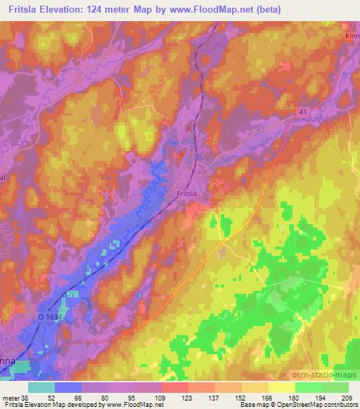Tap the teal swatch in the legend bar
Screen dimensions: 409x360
pyautogui.click(x=42, y=387)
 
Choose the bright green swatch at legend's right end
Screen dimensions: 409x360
pyautogui.click(x=335, y=387)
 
